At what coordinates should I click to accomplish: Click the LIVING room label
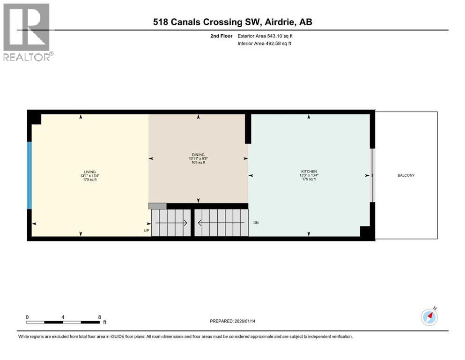point(89,172)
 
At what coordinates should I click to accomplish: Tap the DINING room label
point(198,155)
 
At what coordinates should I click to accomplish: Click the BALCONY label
point(406,175)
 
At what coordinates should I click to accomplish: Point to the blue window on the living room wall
point(30,175)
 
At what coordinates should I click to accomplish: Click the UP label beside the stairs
point(147,231)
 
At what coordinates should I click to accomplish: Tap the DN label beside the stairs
point(256,222)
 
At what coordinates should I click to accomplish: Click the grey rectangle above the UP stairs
point(157,206)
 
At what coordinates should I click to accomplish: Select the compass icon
point(429,316)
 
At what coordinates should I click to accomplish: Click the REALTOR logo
point(27,32)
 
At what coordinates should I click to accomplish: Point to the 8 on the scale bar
point(99,317)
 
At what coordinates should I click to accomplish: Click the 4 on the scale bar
point(63,317)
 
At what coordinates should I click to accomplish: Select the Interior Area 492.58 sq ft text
point(265,44)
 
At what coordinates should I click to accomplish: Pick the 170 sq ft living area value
point(89,180)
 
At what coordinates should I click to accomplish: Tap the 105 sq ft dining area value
point(198,163)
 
